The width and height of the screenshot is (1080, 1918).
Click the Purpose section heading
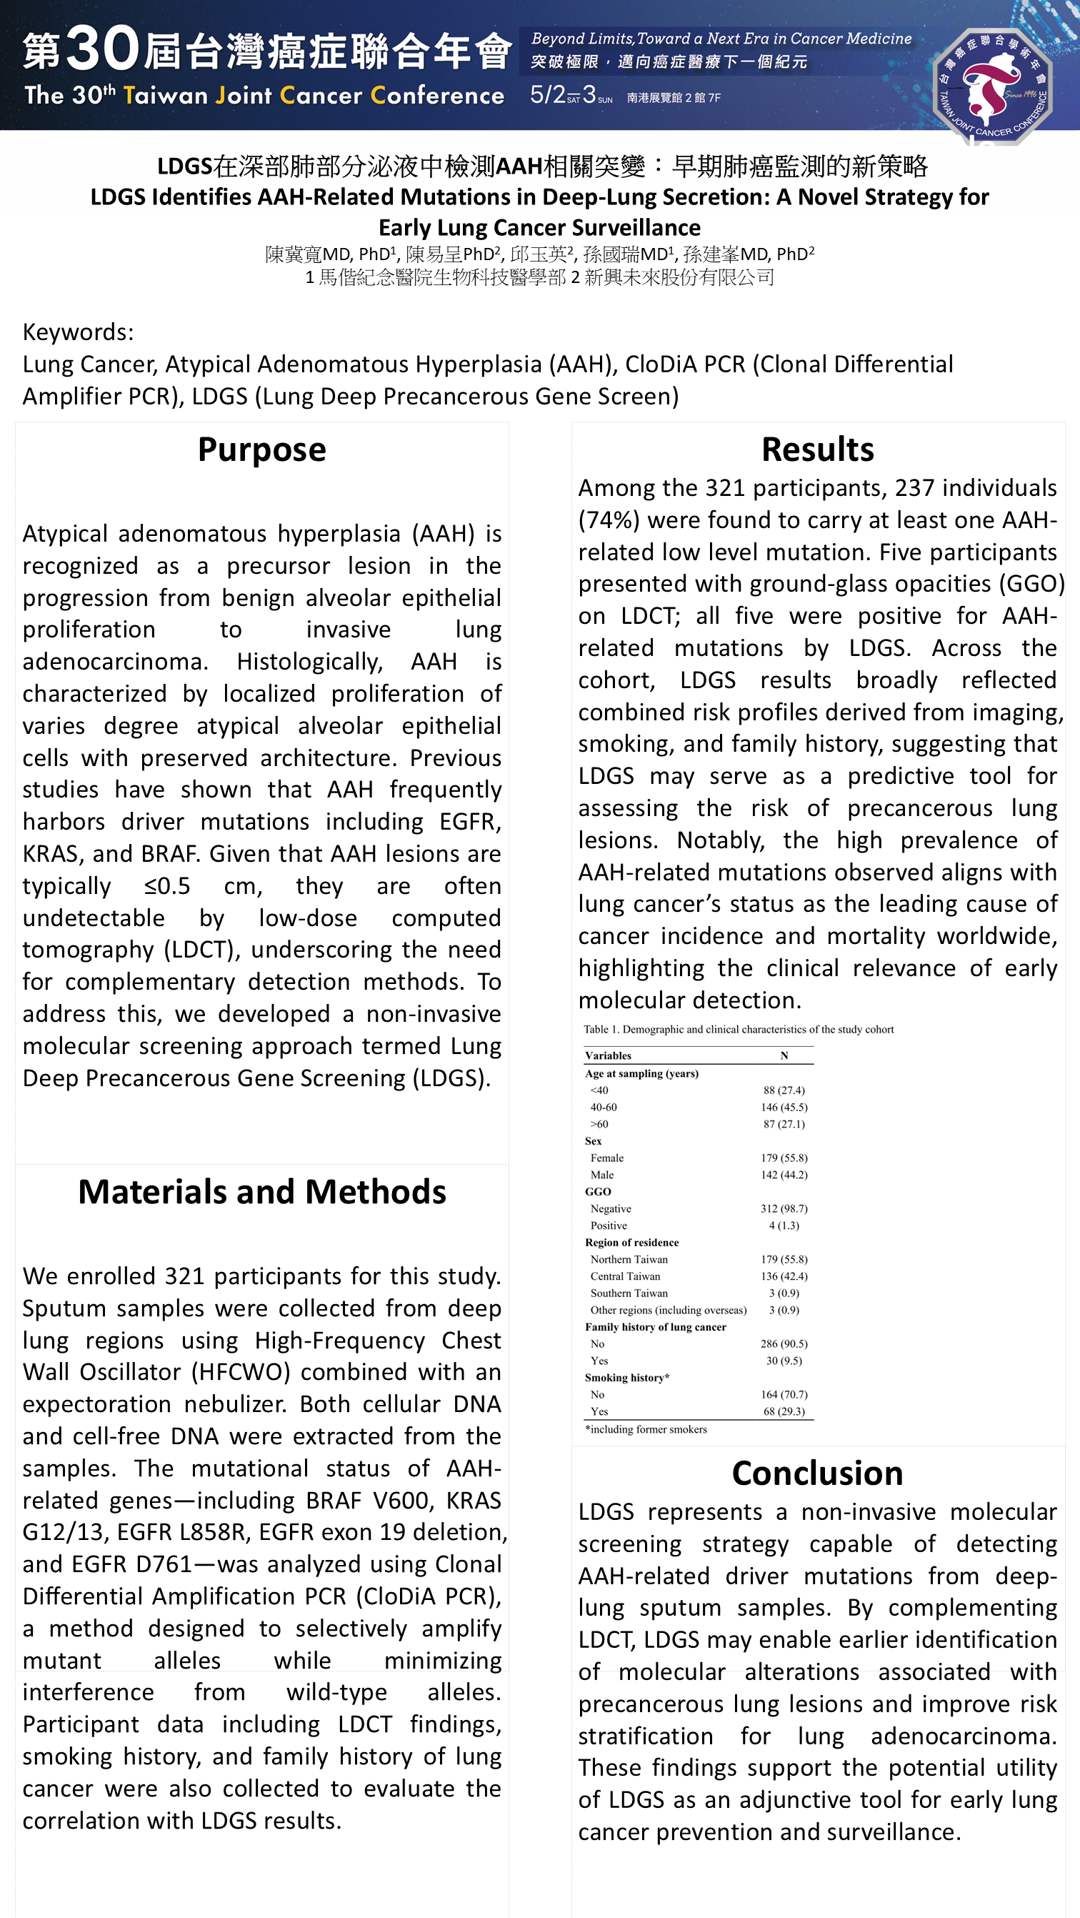262,449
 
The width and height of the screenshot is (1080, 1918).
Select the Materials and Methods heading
262,1192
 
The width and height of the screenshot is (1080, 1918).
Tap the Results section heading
817,449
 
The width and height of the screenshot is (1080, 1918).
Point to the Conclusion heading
817,1473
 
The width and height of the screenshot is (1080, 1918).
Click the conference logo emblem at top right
991,86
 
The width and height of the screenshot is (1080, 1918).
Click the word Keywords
78,332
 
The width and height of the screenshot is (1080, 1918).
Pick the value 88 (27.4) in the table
784,1090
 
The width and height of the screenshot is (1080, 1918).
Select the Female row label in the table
606,1158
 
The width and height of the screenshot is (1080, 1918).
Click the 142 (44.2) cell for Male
784,1175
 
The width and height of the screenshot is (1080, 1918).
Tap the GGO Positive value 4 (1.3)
784,1226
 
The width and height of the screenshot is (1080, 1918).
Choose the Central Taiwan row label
625,1276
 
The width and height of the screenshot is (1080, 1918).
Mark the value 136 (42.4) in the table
784,1276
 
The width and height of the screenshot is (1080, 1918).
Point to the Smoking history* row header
626,1378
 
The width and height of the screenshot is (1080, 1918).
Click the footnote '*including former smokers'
646,1428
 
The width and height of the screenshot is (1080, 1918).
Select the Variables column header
608,1055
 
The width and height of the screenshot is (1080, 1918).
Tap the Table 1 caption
739,1029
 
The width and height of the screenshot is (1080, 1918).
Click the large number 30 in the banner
102,49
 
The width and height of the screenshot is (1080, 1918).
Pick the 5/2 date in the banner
547,94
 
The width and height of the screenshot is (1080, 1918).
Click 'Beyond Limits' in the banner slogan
581,39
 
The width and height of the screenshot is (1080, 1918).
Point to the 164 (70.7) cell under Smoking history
784,1395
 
